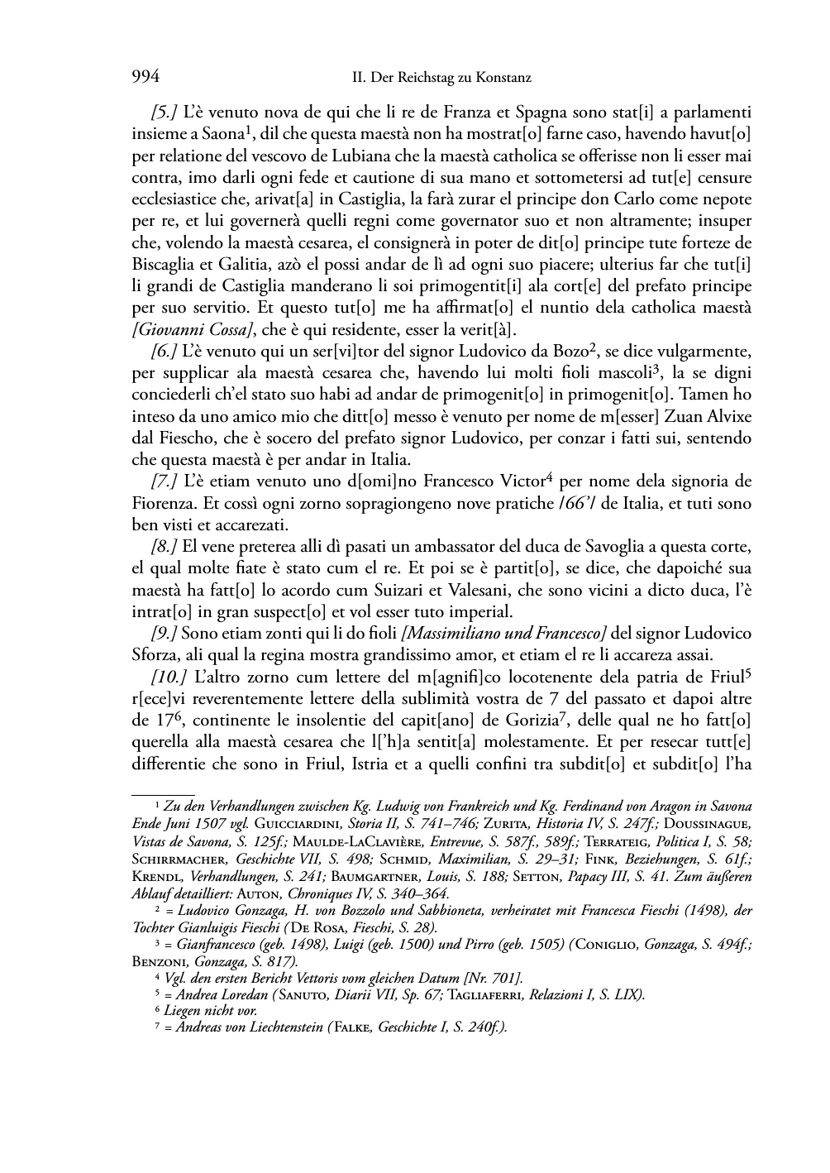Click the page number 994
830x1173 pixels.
pos(145,78)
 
